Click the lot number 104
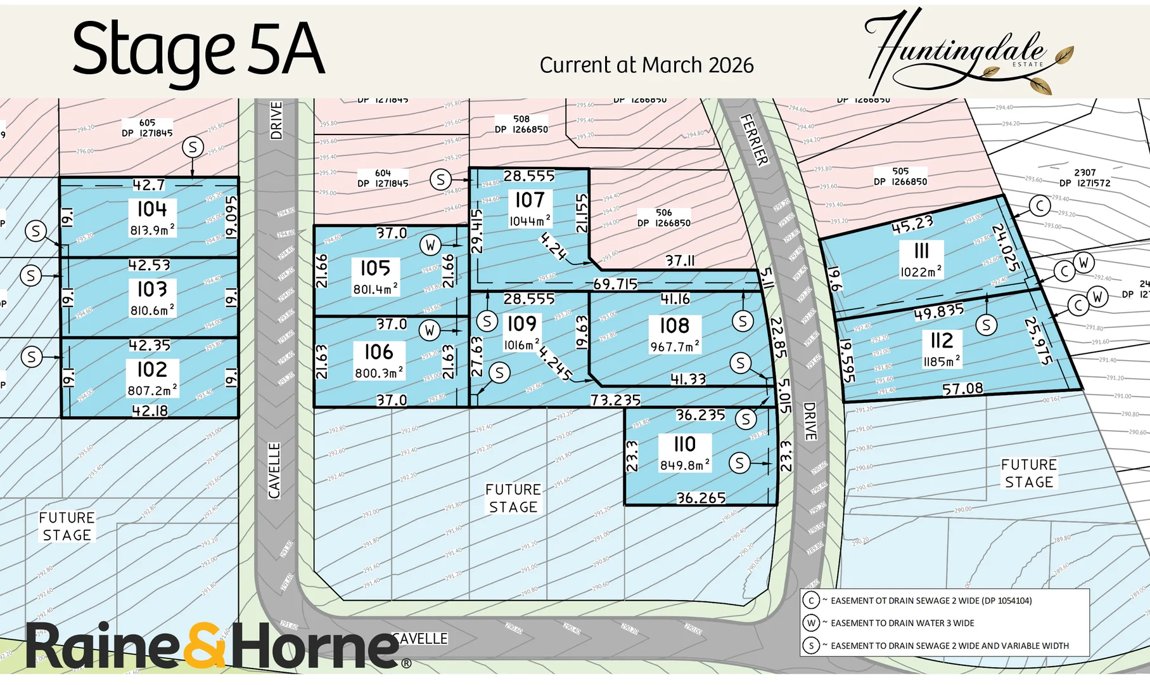[x=152, y=209]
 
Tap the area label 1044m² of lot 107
[x=530, y=221]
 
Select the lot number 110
[x=684, y=444]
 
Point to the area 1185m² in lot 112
[x=942, y=362]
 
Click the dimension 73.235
[x=615, y=400]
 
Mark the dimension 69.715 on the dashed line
[x=615, y=284]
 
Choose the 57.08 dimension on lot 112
[x=962, y=389]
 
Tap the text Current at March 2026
[x=646, y=65]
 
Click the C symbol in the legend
[x=811, y=601]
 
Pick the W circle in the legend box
[x=811, y=623]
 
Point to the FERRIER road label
[x=754, y=140]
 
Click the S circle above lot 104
[x=193, y=148]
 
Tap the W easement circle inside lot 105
[x=430, y=245]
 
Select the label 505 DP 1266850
[x=900, y=176]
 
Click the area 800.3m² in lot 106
[x=378, y=374]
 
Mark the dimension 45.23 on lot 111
[x=912, y=225]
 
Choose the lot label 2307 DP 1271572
[x=1084, y=178]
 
